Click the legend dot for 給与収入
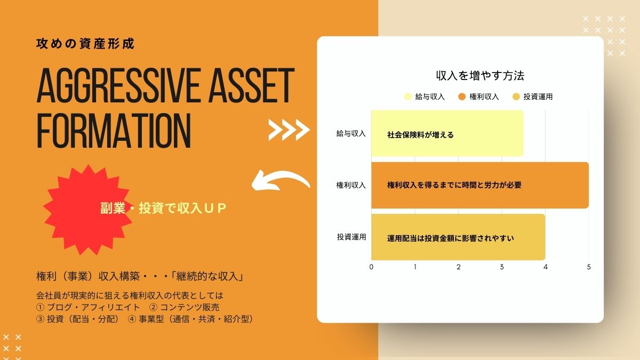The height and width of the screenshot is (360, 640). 408,97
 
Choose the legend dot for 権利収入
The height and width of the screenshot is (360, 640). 462,97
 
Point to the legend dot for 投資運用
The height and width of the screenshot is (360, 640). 516,97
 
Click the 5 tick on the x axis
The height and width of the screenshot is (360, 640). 589,267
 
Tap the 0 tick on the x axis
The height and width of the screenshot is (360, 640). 371,267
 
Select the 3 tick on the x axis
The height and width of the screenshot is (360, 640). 502,267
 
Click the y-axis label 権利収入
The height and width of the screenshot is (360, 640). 351,185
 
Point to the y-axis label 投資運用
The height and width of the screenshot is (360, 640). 351,237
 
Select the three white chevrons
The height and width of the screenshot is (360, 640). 289,129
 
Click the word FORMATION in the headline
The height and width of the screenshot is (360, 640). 114,130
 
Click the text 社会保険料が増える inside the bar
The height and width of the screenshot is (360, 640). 420,135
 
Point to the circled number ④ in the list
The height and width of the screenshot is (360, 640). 132,319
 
